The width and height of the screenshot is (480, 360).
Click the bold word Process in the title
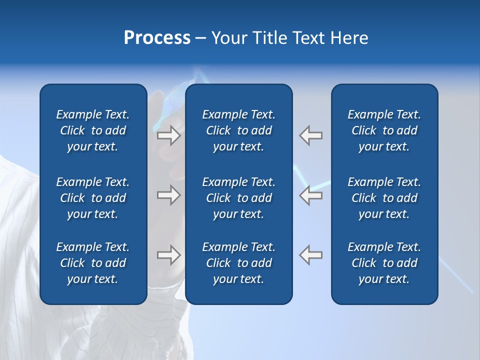click(x=157, y=38)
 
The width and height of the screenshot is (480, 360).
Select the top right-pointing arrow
click(x=168, y=135)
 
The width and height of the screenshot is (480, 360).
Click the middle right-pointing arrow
click(x=168, y=195)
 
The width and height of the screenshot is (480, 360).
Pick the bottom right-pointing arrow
click(x=168, y=255)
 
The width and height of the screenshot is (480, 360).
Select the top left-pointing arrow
click(x=311, y=135)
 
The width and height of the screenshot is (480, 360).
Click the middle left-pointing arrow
click(x=311, y=195)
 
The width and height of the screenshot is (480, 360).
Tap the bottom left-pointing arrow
click(x=311, y=255)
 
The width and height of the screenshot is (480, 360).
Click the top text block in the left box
click(x=93, y=130)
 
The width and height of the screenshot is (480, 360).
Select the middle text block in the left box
click(x=93, y=198)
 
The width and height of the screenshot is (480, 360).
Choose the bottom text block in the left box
click(x=93, y=263)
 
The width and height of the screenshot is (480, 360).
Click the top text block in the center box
click(x=239, y=130)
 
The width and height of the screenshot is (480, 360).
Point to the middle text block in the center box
click(x=239, y=198)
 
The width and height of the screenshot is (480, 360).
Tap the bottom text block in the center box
click(x=239, y=263)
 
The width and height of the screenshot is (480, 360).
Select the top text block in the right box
click(x=384, y=130)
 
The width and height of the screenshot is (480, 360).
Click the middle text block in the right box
click(x=384, y=198)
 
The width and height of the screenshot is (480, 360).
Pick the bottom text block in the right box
click(x=384, y=263)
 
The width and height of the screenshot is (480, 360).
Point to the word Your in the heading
click(x=228, y=38)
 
